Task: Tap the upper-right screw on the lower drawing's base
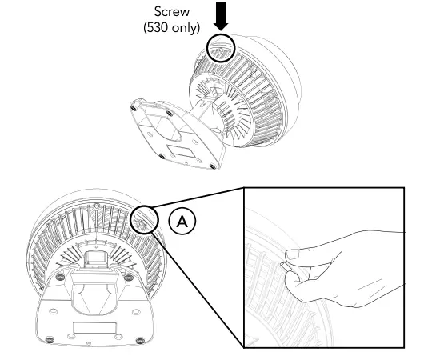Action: (x=128, y=278)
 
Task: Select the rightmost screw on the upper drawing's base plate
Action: (x=212, y=165)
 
